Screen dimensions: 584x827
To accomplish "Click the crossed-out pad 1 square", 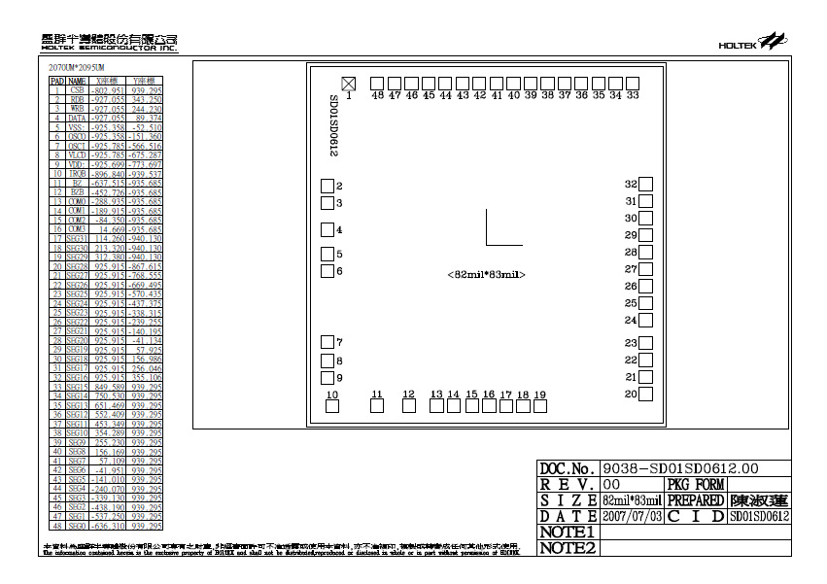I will pyautogui.click(x=349, y=83).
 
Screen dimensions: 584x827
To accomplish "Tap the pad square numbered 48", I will pyautogui.click(x=377, y=83).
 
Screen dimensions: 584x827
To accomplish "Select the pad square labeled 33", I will pyautogui.click(x=633, y=83).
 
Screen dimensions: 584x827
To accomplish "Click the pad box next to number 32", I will pyautogui.click(x=646, y=184).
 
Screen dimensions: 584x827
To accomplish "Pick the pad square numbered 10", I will pyautogui.click(x=332, y=406).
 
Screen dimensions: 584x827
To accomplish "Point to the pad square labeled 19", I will pyautogui.click(x=540, y=406).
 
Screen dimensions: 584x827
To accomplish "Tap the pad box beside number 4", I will pyautogui.click(x=327, y=230).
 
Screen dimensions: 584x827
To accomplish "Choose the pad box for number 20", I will pyautogui.click(x=646, y=394).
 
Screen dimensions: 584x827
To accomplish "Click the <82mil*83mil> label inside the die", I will pyautogui.click(x=486, y=275).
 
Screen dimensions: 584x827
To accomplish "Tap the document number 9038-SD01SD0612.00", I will pyautogui.click(x=661, y=468).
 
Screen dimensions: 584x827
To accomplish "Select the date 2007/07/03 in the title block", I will pyautogui.click(x=632, y=516).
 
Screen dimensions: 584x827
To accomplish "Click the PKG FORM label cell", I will pyautogui.click(x=695, y=484).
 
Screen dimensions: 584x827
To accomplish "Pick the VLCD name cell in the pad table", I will pyautogui.click(x=77, y=155).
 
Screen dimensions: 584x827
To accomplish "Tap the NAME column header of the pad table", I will pyautogui.click(x=77, y=81).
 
